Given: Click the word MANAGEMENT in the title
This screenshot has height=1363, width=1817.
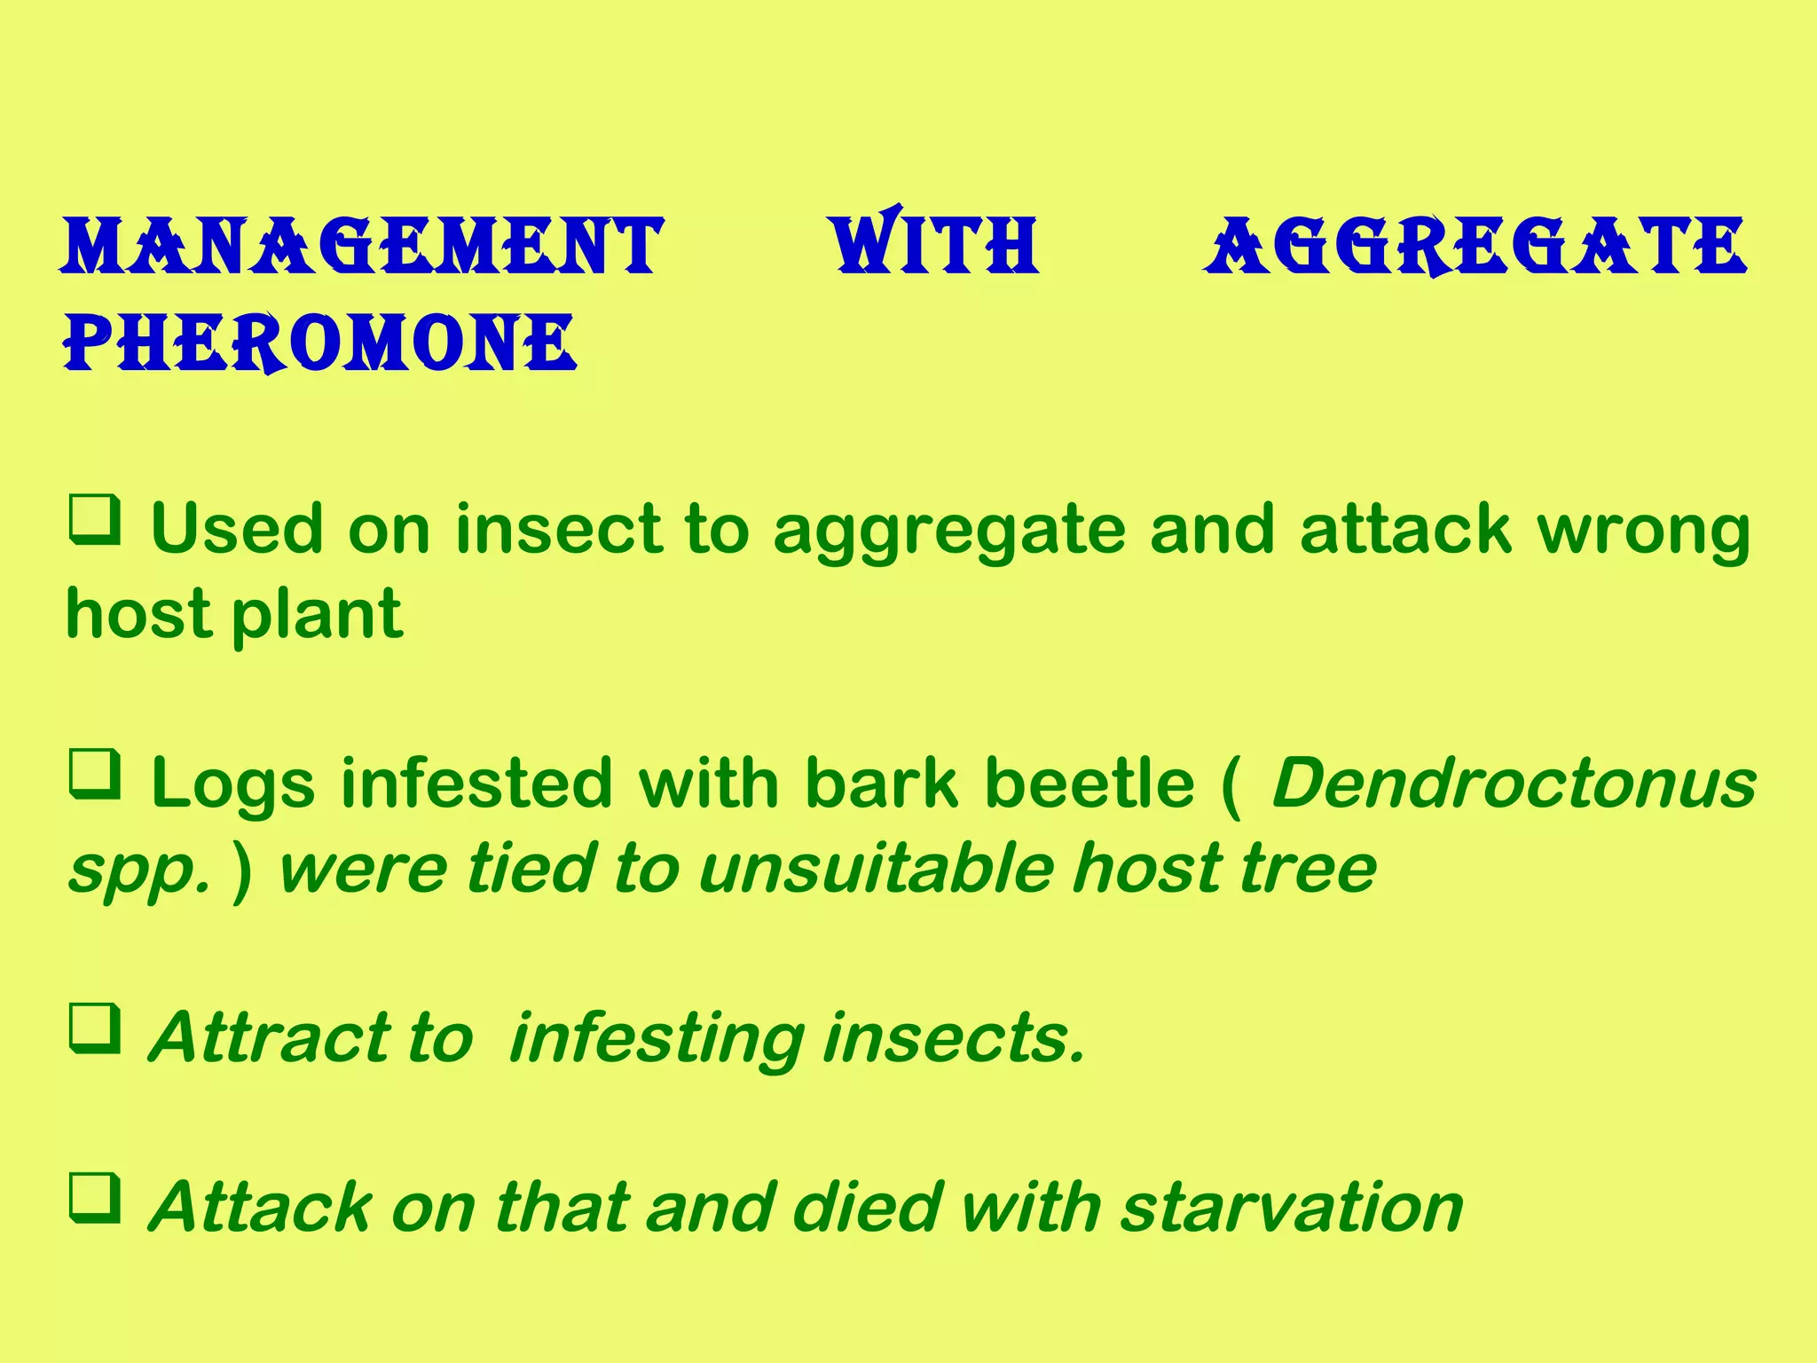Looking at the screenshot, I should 362,245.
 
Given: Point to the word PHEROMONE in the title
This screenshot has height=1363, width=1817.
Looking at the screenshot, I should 320,343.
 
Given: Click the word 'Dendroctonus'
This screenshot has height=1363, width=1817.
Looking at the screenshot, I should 1514,784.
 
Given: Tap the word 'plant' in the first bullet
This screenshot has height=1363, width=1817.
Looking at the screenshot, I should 317,614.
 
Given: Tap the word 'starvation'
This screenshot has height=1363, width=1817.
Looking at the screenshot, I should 1292,1208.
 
